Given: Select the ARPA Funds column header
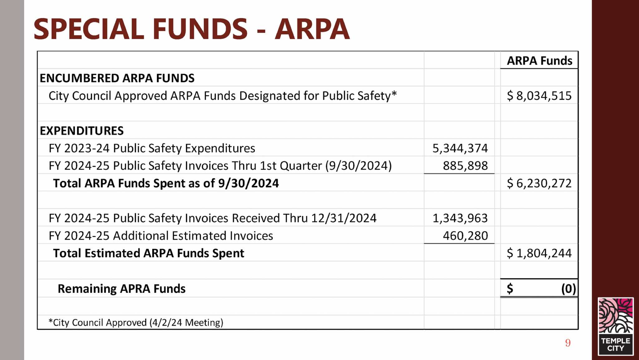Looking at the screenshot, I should click(x=539, y=61).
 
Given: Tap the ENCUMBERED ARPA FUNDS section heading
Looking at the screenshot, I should click(x=117, y=78).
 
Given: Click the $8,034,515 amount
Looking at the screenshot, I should click(x=539, y=96).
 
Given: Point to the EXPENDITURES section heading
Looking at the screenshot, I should click(x=82, y=131).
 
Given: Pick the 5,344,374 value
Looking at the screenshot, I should click(x=460, y=148).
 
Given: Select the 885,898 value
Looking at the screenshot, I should click(x=465, y=165).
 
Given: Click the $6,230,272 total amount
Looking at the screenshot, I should click(x=539, y=183).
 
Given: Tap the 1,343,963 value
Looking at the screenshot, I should click(x=460, y=218).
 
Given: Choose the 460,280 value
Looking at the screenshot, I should click(x=465, y=235).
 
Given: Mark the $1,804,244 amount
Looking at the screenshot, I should click(x=539, y=253).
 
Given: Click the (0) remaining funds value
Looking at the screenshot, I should click(x=568, y=288).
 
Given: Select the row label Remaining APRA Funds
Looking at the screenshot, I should click(x=122, y=288).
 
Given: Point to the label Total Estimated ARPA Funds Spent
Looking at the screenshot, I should click(x=149, y=253).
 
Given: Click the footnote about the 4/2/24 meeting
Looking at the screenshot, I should click(x=136, y=322).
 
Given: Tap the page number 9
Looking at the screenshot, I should click(x=568, y=343).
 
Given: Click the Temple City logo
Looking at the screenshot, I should click(x=616, y=326).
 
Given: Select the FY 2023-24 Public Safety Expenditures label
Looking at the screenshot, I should click(x=152, y=148).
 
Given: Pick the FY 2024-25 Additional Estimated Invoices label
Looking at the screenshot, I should click(x=161, y=235).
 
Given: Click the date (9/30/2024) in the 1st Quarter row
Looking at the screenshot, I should click(x=358, y=165).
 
